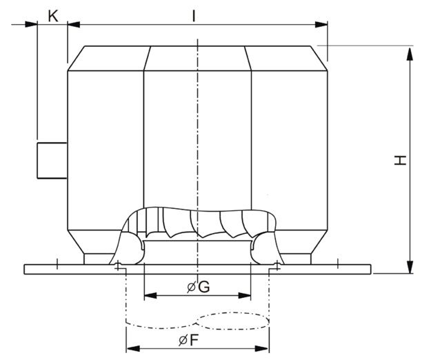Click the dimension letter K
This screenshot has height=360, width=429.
coord(53,16)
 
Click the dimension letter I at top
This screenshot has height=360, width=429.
coord(194,16)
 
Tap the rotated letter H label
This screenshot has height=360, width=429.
coord(400,160)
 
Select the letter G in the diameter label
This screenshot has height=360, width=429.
coord(204,287)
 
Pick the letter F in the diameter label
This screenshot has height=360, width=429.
coord(193,340)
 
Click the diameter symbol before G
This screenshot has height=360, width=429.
coord(191,288)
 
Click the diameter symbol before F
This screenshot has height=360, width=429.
coord(183,341)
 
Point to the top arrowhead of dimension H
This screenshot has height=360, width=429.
coord(410,54)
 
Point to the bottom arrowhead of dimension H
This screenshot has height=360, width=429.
coord(410,267)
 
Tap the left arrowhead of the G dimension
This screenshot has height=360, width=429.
coord(150,295)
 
